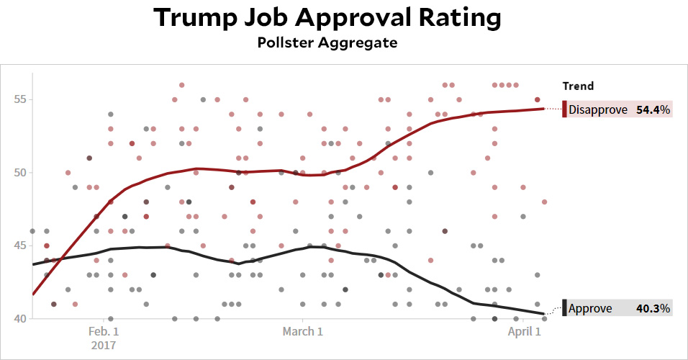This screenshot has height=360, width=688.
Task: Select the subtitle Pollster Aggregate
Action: (327, 43)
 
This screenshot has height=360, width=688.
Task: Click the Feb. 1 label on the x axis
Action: (104, 331)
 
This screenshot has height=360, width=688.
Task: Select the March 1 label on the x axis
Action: (303, 331)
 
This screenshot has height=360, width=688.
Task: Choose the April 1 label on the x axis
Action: (524, 331)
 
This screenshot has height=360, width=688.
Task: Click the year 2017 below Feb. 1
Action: (104, 345)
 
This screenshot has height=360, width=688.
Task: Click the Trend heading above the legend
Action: (578, 86)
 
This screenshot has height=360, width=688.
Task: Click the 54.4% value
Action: (653, 110)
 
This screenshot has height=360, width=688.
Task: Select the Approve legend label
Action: (590, 309)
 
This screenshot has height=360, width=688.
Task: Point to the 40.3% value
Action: (653, 309)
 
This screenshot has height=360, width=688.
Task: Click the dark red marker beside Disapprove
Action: (565, 110)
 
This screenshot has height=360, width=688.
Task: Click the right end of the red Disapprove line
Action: (544, 109)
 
